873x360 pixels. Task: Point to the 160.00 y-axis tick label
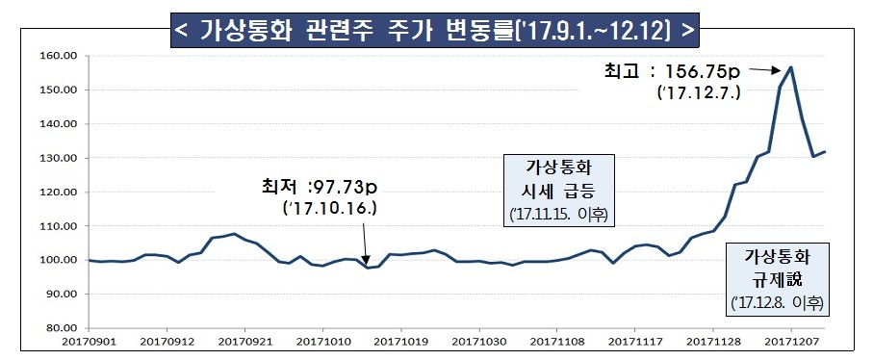tap(58, 56)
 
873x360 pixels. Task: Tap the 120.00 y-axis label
tap(58, 192)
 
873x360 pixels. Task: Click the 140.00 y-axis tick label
tap(58, 124)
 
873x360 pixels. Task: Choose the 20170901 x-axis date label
tap(90, 340)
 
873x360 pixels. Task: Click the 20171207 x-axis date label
tap(791, 340)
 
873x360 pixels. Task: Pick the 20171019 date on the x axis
tap(400, 340)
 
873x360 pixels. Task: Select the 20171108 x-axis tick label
tap(556, 340)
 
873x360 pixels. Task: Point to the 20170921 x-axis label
tap(244, 340)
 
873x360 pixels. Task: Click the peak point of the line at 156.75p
tap(790, 67)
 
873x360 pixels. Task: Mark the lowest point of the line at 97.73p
tap(367, 268)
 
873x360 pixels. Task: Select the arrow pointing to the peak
tap(767, 69)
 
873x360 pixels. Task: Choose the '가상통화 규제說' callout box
tap(781, 279)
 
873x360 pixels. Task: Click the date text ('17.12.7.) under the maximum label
tap(698, 93)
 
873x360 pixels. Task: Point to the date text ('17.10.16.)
tap(329, 207)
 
